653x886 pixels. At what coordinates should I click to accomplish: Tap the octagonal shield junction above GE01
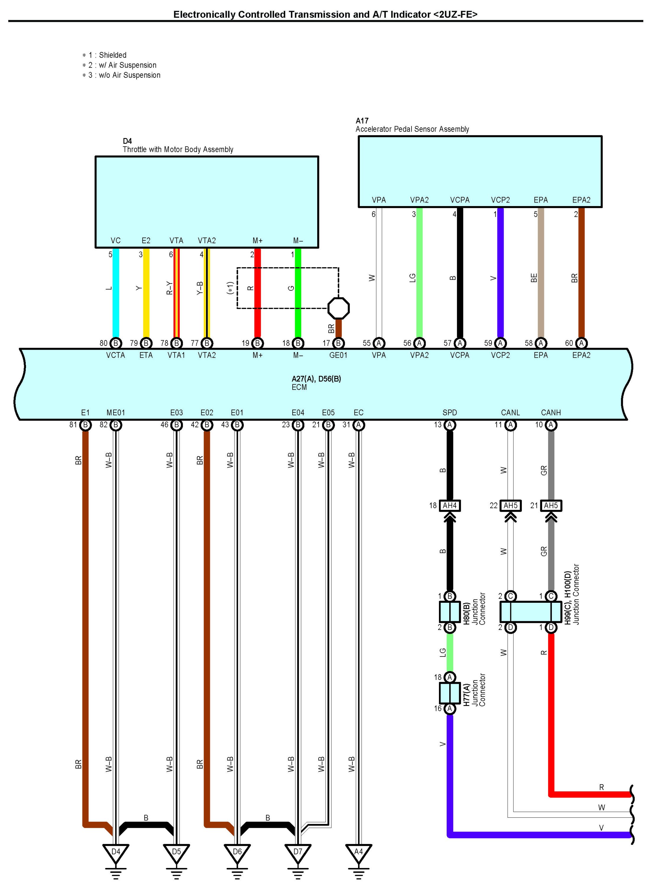[339, 308]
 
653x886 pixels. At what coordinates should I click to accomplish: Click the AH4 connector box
[450, 505]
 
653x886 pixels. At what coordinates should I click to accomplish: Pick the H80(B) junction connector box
[450, 612]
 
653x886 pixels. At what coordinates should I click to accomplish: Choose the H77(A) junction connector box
[450, 693]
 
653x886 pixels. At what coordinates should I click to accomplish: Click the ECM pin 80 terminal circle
[115, 343]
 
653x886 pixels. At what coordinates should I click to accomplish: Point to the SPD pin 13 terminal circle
[450, 425]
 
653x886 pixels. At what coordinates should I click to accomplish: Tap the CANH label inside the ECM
[551, 413]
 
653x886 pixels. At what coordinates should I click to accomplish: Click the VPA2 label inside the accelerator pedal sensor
[419, 200]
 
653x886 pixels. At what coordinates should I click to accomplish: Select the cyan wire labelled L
[116, 293]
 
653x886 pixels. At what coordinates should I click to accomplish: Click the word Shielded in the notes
[113, 55]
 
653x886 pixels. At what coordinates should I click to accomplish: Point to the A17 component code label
[362, 121]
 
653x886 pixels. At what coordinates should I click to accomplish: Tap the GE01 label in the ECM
[338, 355]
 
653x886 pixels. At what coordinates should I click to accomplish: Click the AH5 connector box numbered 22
[511, 505]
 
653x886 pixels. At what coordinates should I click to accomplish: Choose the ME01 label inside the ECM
[116, 413]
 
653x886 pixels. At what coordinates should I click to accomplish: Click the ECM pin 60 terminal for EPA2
[581, 343]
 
